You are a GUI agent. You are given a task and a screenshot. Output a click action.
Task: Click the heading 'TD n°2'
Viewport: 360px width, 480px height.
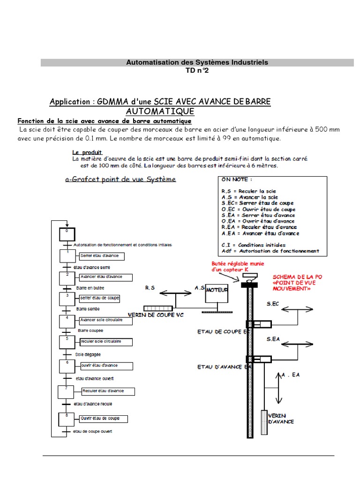(197, 70)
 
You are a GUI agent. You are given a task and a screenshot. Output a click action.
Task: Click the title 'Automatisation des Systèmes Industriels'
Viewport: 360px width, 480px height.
(197, 62)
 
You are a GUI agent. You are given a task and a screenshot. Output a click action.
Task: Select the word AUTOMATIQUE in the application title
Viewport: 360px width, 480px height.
(160, 112)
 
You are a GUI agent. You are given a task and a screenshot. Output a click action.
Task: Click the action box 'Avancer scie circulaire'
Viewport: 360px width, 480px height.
(101, 320)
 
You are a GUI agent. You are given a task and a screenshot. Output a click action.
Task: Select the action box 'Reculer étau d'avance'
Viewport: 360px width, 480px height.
(108, 391)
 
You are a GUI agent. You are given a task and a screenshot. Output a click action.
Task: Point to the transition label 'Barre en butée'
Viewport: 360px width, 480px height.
(90, 287)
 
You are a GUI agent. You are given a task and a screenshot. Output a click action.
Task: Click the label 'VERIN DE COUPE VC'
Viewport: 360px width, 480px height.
(155, 315)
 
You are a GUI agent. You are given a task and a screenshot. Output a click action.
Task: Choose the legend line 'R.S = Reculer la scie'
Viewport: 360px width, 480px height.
(248, 191)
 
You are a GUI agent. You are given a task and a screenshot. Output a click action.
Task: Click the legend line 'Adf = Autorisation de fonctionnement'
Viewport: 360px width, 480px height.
(270, 251)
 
